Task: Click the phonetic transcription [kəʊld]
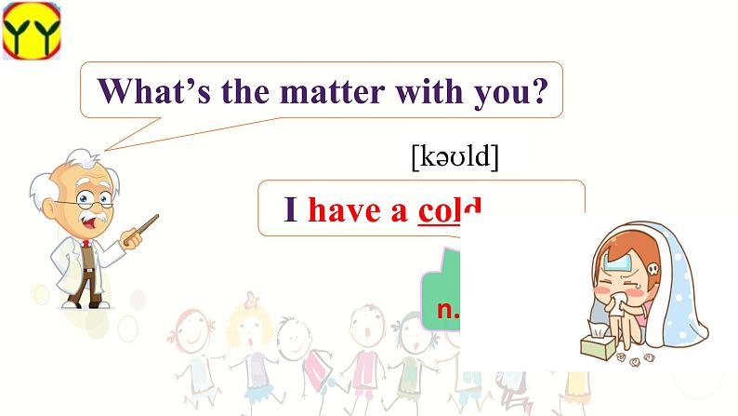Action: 455,158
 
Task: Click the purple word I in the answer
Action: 290,211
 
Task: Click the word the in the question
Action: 263,91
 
